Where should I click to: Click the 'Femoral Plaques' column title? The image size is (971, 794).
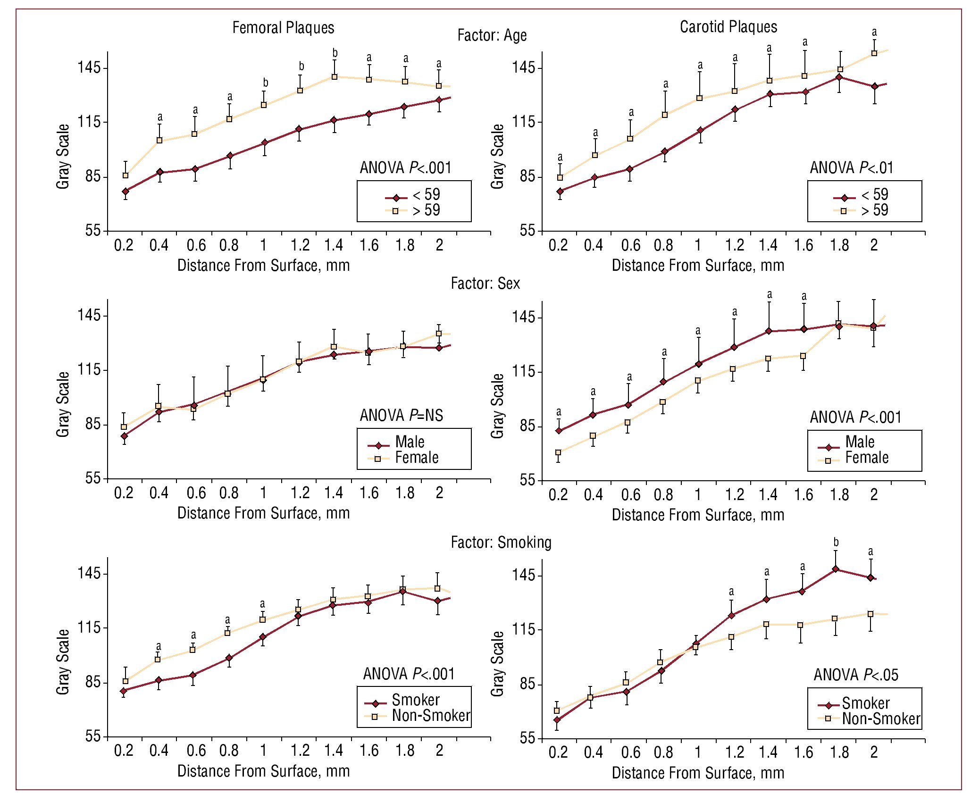pyautogui.click(x=283, y=28)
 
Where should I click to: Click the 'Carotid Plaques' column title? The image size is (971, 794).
pyautogui.click(x=728, y=27)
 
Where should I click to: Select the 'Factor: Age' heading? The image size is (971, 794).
pyautogui.click(x=492, y=35)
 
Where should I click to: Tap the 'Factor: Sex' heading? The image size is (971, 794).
pyautogui.click(x=485, y=283)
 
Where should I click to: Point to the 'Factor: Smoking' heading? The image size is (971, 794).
pyautogui.click(x=501, y=542)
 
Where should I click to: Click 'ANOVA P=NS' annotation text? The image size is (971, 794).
pyautogui.click(x=402, y=415)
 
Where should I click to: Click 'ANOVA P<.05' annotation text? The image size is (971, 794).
pyautogui.click(x=856, y=675)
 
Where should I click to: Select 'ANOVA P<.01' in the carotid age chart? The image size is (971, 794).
pyautogui.click(x=852, y=167)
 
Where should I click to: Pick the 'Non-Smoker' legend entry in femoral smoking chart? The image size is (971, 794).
pyautogui.click(x=431, y=716)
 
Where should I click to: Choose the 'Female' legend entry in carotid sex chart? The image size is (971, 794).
pyautogui.click(x=867, y=458)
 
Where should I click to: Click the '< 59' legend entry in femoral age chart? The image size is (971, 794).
pyautogui.click(x=426, y=194)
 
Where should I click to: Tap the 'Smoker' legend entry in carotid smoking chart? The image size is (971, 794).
pyautogui.click(x=866, y=703)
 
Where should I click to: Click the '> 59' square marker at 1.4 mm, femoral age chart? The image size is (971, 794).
pyautogui.click(x=335, y=77)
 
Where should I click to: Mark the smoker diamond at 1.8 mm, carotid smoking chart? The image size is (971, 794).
pyautogui.click(x=836, y=569)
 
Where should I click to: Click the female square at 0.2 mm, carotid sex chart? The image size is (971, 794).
pyautogui.click(x=558, y=452)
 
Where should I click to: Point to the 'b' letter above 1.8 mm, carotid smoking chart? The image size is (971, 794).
pyautogui.click(x=836, y=542)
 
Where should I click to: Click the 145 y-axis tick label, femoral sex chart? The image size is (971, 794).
pyautogui.click(x=89, y=315)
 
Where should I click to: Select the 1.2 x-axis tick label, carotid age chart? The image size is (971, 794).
pyautogui.click(x=734, y=245)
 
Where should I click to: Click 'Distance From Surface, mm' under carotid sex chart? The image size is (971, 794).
pyautogui.click(x=698, y=515)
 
